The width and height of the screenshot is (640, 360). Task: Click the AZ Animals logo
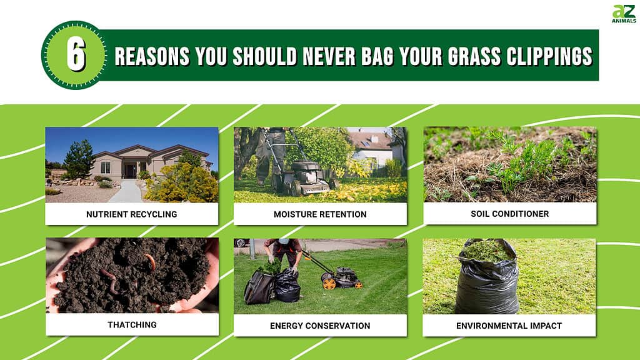624,14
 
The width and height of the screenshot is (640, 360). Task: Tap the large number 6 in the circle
76,55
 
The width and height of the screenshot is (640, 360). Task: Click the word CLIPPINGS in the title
549,56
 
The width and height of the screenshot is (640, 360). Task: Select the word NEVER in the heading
329,56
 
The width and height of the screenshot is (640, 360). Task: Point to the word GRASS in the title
474,56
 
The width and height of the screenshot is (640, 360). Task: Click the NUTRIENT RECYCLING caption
131,214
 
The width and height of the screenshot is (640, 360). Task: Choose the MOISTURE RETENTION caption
320,214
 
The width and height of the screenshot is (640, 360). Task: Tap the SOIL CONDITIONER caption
510,214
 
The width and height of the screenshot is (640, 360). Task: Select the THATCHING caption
132,325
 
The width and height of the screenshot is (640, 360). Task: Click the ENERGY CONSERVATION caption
320,326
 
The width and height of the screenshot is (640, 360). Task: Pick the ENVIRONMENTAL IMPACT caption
509,326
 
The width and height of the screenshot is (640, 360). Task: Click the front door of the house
131,171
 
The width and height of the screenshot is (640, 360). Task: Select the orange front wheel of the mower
329,283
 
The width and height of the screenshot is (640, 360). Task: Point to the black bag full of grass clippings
486,277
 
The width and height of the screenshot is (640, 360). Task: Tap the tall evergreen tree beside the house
79,159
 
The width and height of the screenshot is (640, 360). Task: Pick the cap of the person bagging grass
284,241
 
